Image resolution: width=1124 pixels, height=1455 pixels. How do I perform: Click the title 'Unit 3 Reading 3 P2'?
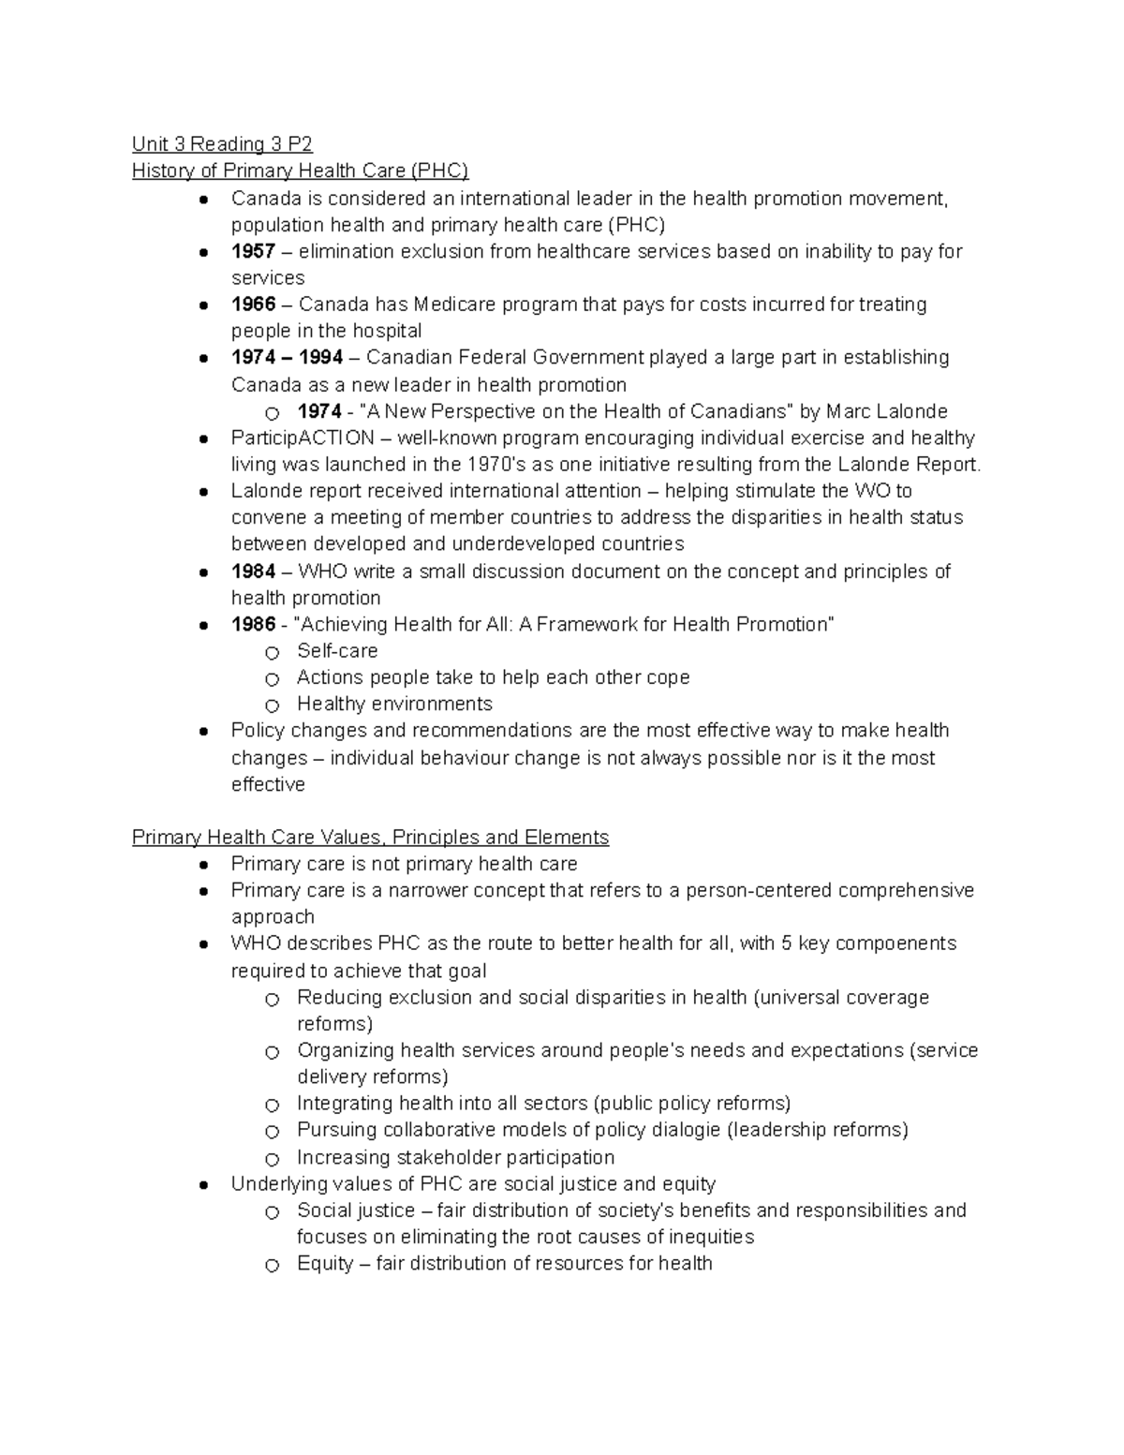222,143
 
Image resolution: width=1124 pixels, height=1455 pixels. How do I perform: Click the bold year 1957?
253,251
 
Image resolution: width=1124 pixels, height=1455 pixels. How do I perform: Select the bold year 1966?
253,304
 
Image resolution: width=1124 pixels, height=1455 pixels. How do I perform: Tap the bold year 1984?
253,572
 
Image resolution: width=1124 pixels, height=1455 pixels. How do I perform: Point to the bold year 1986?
253,624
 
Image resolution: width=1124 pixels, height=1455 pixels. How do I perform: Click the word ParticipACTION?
303,438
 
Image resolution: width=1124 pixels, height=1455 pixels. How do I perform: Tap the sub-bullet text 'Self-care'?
337,651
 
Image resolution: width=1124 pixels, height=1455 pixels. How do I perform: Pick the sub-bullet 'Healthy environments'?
394,704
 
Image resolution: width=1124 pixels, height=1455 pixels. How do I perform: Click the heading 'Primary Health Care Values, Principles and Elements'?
370,837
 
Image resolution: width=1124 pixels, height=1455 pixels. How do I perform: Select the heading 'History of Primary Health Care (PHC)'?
300,171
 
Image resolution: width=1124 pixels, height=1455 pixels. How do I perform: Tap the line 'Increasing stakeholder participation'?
455,1157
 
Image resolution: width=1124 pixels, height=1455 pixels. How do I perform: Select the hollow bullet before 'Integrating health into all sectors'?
272,1106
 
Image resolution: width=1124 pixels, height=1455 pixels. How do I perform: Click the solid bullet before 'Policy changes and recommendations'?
203,732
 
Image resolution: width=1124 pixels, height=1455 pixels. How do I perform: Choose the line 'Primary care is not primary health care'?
404,864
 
